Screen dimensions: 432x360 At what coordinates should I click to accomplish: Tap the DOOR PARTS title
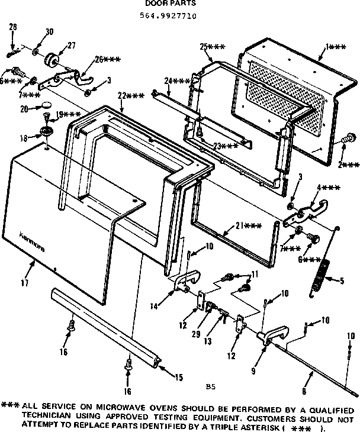[x=162, y=4]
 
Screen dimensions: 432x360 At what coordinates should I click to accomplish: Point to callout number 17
[x=24, y=283]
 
